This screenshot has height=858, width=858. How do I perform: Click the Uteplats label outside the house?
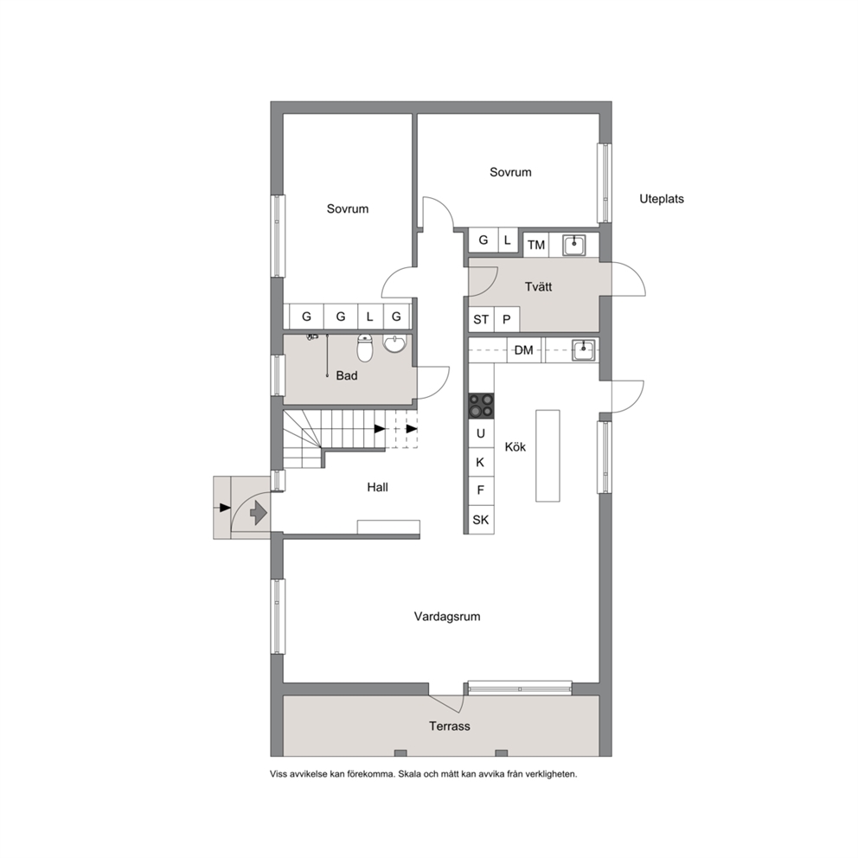(662, 199)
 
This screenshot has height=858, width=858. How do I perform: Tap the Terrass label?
(449, 727)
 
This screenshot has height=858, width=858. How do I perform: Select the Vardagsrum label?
(447, 617)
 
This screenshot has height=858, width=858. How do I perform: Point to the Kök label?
(515, 447)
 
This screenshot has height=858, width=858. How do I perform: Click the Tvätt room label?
(539, 287)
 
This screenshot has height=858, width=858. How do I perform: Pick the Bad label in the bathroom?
(347, 375)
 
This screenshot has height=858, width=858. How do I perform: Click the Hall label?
(378, 487)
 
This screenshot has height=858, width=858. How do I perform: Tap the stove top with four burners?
(481, 406)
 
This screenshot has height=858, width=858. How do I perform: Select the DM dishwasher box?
(523, 350)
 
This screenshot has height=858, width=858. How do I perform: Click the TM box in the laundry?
(536, 245)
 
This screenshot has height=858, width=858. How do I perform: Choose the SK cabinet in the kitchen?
(481, 519)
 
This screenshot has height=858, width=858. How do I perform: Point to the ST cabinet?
(481, 319)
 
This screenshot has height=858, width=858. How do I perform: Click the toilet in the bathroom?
(365, 349)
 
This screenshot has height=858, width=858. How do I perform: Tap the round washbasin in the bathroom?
(395, 343)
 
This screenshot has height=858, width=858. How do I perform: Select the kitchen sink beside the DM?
(584, 350)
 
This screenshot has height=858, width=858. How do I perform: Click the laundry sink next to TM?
(574, 245)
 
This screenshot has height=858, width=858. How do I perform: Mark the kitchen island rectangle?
(547, 456)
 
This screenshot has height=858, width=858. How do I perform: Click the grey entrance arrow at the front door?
(258, 513)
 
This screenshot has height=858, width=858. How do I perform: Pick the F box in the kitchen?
(481, 490)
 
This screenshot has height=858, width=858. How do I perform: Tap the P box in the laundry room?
(507, 319)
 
